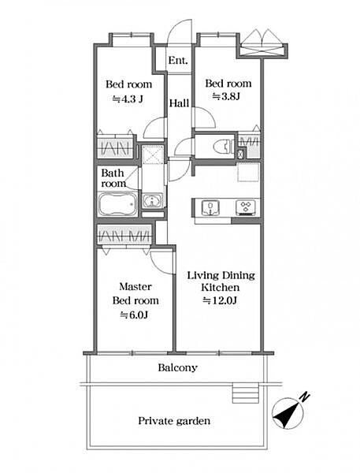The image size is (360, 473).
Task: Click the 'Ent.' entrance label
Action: tap(178, 61)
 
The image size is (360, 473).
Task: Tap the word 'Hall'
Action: tap(179, 103)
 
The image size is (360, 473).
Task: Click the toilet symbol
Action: tap(223, 147)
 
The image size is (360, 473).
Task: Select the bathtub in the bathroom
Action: tap(117, 205)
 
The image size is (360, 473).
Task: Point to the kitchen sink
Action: tap(210, 207)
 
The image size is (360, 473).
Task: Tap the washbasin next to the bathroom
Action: tap(153, 200)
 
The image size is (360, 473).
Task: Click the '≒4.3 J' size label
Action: tap(128, 99)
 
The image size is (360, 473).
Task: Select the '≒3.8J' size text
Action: tap(226, 96)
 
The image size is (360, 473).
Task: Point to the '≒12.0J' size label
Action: tap(221, 300)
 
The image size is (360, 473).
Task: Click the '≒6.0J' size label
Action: tap(134, 315)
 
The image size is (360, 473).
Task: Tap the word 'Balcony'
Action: tap(178, 367)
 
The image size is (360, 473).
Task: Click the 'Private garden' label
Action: tap(174, 421)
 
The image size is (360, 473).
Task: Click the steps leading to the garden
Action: tap(246, 393)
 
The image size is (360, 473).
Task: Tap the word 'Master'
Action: tap(135, 286)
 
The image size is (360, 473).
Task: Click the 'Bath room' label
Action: tap(113, 178)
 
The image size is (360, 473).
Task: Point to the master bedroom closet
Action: tap(124, 235)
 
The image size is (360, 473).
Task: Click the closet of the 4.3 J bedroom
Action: tap(115, 147)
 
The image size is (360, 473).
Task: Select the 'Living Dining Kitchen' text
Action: tap(221, 281)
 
